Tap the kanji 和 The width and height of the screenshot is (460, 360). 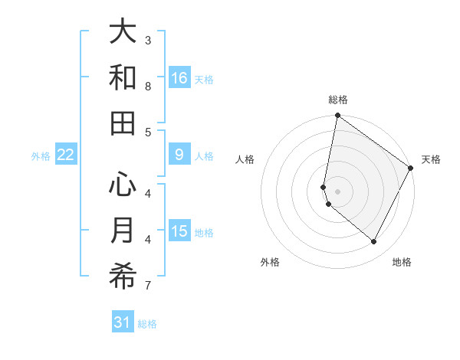tap(123, 78)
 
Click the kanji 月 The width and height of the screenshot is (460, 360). tap(123, 231)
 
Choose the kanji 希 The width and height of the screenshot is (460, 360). tap(123, 277)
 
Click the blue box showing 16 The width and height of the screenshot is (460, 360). tap(179, 78)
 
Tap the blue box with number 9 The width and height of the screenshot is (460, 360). tap(179, 155)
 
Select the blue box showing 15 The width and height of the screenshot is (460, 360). tap(179, 231)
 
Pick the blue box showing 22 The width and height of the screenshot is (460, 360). tap(66, 155)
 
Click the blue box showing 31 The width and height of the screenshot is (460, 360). tap(123, 322)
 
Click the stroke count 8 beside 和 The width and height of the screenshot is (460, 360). tap(148, 86)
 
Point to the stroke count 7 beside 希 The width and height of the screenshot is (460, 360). tap(148, 286)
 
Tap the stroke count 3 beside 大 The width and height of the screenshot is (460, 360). tap(148, 40)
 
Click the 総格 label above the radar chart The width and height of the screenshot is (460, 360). tap(338, 100)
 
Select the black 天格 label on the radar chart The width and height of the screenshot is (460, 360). tap(431, 159)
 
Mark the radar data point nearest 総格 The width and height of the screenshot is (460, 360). tap(337, 116)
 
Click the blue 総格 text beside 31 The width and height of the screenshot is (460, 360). tap(147, 324)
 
